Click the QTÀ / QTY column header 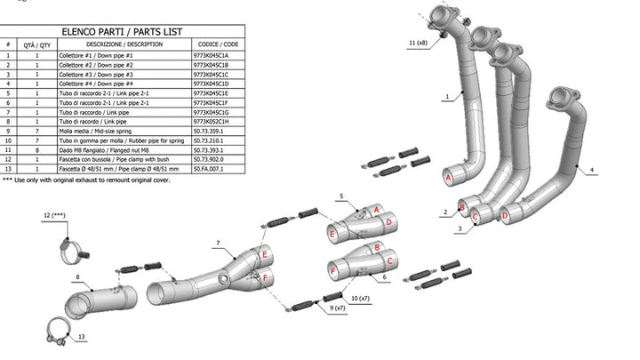click(37, 43)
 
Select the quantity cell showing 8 click(37, 149)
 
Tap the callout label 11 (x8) click(418, 43)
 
